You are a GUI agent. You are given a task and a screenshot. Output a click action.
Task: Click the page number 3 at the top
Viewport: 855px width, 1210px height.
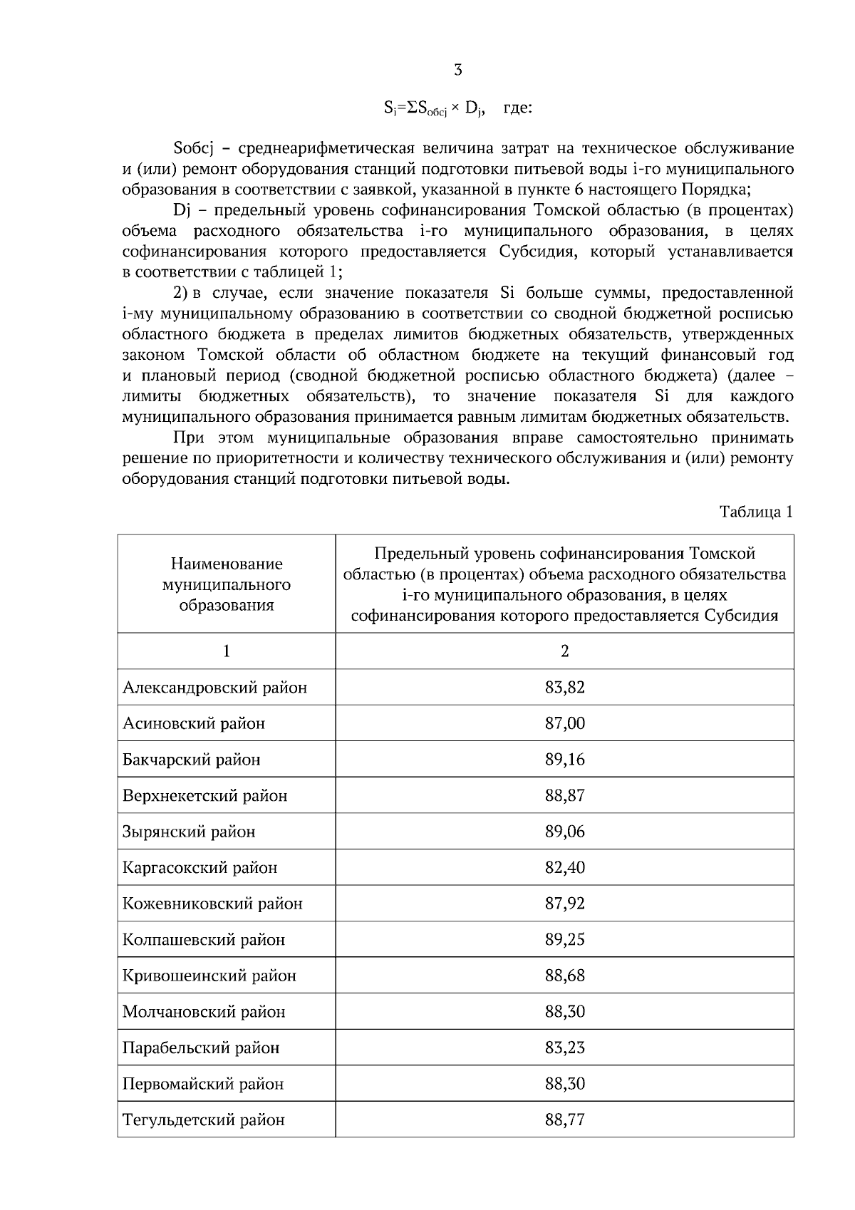click(x=457, y=70)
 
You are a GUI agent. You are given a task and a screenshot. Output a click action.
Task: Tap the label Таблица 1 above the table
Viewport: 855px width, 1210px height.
click(x=756, y=512)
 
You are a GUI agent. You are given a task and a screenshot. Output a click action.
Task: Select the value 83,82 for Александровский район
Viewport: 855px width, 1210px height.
click(x=564, y=688)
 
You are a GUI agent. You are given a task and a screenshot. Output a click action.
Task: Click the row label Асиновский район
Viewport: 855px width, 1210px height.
click(x=194, y=723)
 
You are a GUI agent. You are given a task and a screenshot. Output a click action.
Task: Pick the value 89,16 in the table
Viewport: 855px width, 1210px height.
click(x=564, y=760)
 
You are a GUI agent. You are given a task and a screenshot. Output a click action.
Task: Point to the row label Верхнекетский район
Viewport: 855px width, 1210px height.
click(x=205, y=795)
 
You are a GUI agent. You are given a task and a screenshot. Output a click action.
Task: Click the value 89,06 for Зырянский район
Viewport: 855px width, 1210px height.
click(x=564, y=832)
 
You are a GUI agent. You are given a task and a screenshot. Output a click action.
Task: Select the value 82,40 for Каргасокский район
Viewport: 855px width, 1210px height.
click(x=564, y=867)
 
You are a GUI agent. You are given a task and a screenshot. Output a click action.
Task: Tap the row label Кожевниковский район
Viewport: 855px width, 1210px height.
click(x=212, y=904)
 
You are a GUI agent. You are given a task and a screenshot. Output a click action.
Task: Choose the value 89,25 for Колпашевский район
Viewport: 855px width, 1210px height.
click(x=564, y=939)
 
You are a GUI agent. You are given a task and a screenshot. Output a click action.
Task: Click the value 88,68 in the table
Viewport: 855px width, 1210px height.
click(x=564, y=976)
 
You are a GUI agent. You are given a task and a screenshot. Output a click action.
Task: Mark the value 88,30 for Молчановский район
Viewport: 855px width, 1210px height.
click(x=564, y=1011)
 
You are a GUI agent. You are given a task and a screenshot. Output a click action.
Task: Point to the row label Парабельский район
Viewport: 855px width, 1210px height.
click(x=201, y=1048)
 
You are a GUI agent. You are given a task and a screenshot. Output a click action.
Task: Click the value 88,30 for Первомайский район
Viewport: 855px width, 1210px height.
click(x=564, y=1084)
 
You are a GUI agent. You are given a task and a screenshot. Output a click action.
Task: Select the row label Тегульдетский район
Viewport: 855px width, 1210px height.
click(x=204, y=1119)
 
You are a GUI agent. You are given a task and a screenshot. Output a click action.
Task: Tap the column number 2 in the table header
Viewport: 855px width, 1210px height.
click(x=564, y=651)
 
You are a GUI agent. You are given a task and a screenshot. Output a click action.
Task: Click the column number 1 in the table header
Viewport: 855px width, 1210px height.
click(x=227, y=651)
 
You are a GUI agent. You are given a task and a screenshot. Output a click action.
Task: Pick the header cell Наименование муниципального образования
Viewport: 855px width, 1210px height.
click(x=227, y=584)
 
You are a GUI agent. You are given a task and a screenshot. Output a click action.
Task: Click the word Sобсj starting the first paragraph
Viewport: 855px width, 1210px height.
click(x=194, y=149)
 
